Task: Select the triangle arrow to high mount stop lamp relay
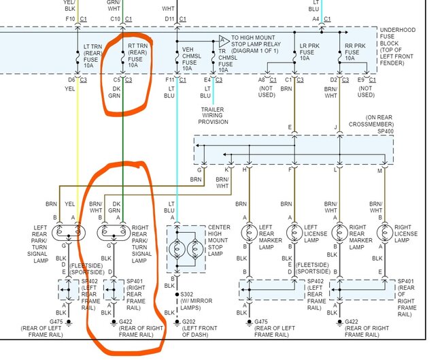pos(223,42)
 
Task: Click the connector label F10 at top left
pos(71,18)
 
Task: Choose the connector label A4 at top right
pos(316,18)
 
